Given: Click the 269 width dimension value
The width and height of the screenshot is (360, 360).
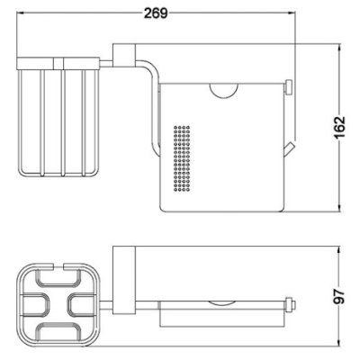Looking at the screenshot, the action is pos(156,13).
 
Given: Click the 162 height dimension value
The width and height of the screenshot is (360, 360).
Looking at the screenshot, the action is pos(339,127).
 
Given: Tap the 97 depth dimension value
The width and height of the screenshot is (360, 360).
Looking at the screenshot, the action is pos(339,296).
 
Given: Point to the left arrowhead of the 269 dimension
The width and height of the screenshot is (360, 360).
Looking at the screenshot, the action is pos(20,13).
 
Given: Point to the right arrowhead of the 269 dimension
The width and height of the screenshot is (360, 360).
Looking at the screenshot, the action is pos(292,13).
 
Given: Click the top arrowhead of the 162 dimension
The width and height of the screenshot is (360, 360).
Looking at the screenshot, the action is pos(339,49).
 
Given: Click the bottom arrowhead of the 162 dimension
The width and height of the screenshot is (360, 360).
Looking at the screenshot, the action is pos(339,208).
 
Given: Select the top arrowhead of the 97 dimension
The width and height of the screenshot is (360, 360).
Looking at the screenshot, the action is pos(339,250).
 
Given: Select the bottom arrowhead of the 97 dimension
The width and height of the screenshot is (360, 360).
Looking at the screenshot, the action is pos(339,343).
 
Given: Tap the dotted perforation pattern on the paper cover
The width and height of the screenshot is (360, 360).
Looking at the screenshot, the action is pos(182,158).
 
